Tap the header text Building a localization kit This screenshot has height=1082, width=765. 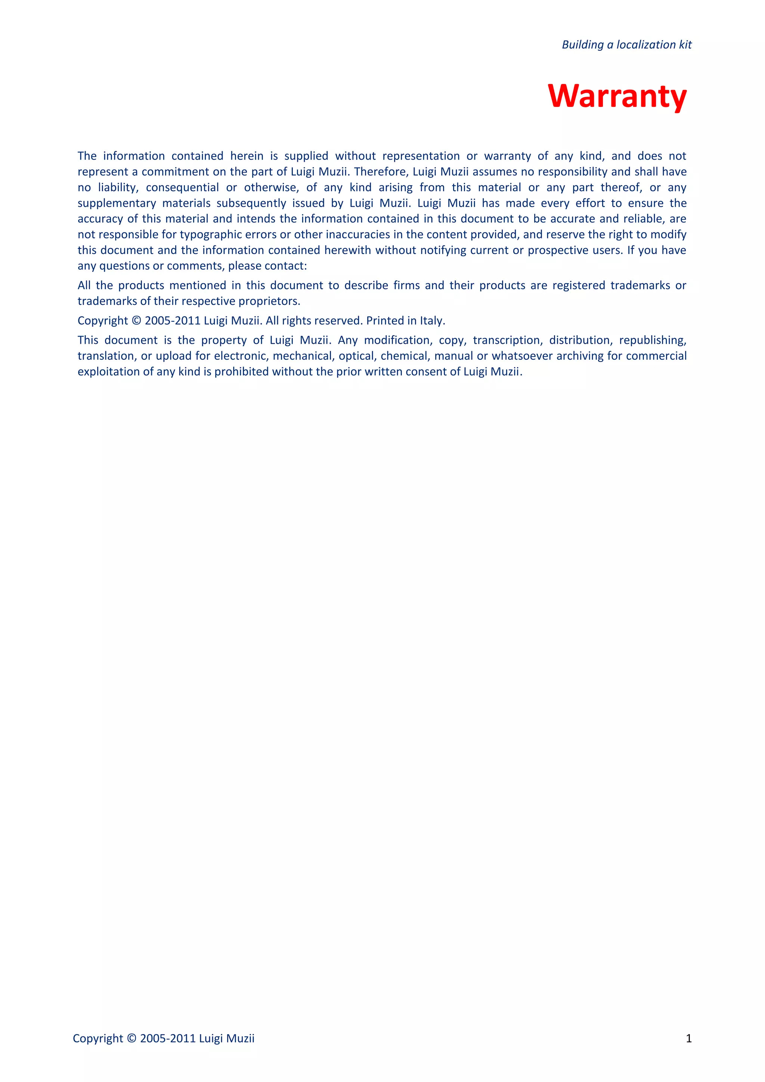point(626,45)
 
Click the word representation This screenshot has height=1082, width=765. point(421,156)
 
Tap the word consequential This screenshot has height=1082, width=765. point(182,188)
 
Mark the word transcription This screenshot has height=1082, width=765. point(507,340)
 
